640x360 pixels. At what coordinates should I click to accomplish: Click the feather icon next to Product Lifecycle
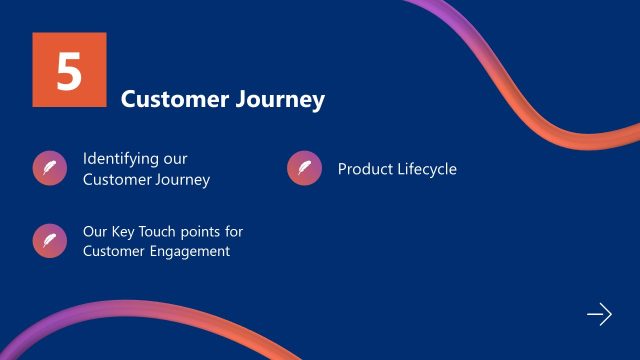click(304, 168)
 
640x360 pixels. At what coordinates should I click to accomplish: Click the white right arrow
click(598, 314)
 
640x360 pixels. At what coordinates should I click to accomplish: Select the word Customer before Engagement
click(114, 251)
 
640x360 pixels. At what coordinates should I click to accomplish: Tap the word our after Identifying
click(175, 159)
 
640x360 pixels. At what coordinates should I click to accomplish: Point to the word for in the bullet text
click(234, 232)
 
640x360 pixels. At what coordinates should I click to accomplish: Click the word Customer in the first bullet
click(114, 180)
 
